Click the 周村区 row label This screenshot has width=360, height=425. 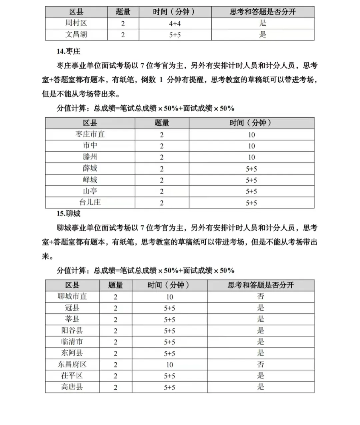click(x=76, y=23)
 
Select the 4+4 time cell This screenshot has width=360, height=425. click(x=175, y=24)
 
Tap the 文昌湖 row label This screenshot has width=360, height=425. click(x=76, y=35)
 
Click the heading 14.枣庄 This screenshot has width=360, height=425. click(x=68, y=51)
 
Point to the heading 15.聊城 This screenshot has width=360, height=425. click(x=68, y=213)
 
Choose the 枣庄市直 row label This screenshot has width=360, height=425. click(x=90, y=134)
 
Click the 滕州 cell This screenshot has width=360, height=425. click(x=90, y=157)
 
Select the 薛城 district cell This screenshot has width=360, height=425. click(x=90, y=168)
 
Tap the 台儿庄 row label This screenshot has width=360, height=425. click(x=90, y=202)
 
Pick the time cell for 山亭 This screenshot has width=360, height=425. click(x=251, y=192)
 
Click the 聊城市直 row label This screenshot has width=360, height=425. click(x=72, y=296)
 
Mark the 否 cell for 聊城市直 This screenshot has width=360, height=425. click(x=261, y=296)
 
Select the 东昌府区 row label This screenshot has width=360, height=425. click(x=72, y=364)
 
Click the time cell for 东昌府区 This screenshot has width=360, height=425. click(x=170, y=365)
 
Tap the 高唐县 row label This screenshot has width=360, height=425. click(x=72, y=387)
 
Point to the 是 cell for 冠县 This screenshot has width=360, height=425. click(x=261, y=308)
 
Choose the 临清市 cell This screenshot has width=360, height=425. click(x=72, y=342)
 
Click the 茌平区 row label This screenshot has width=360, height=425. click(x=72, y=376)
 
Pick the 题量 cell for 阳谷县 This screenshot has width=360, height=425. click(x=116, y=331)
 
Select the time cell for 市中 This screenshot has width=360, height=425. click(x=251, y=146)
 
